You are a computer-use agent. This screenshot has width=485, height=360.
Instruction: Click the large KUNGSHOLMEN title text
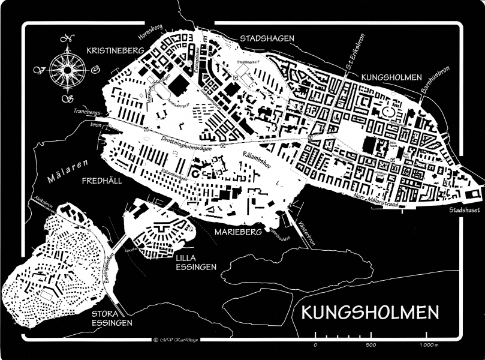click(x=370, y=313)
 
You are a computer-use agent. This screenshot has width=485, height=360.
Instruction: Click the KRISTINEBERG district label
click(x=115, y=52)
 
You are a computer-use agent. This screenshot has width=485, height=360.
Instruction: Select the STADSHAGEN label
click(x=267, y=38)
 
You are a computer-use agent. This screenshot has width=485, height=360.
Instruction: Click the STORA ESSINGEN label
click(x=113, y=318)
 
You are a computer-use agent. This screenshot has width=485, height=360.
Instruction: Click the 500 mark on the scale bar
click(x=370, y=345)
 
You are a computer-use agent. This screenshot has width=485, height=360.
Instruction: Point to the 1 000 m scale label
click(x=427, y=345)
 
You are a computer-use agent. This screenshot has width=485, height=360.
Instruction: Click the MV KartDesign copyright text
click(x=175, y=340)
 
